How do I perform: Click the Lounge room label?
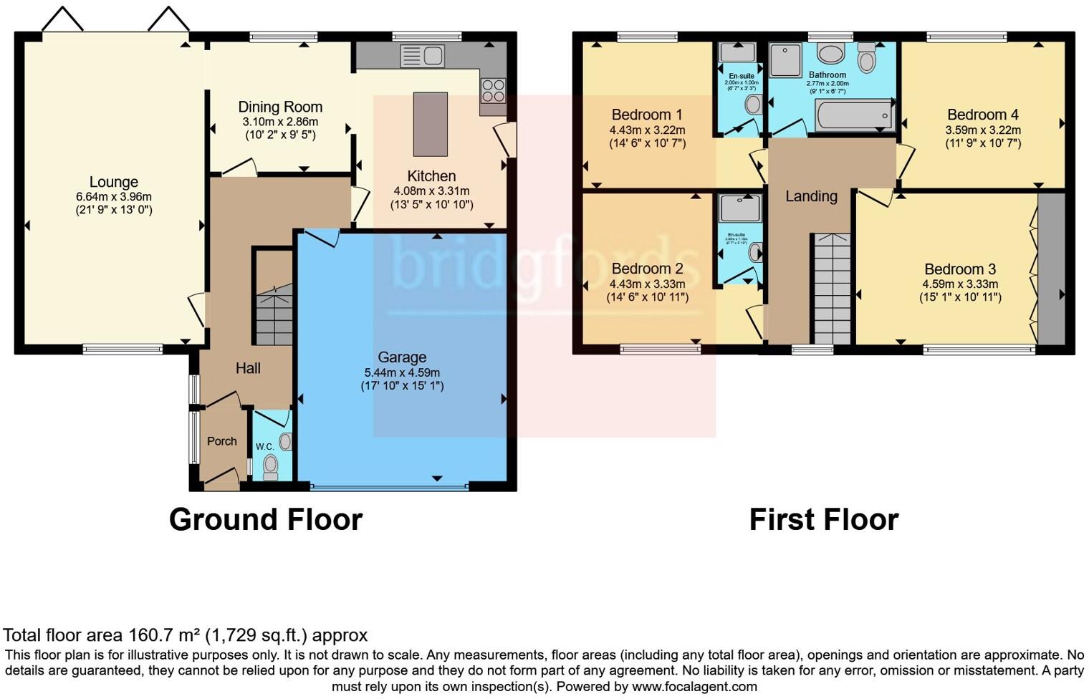click(x=113, y=182)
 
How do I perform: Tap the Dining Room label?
click(x=280, y=107)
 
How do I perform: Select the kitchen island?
click(x=430, y=124)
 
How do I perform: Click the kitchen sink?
click(x=423, y=55)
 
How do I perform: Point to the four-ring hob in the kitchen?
click(x=493, y=90)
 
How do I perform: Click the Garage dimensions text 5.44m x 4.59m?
click(x=402, y=372)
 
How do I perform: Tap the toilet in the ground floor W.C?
click(x=270, y=466)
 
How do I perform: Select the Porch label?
click(x=221, y=441)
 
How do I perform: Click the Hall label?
click(x=248, y=368)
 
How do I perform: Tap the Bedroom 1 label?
click(x=646, y=115)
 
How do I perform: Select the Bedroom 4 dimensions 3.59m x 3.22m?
click(x=982, y=130)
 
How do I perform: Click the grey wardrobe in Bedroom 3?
click(x=1051, y=269)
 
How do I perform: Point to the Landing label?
click(x=811, y=196)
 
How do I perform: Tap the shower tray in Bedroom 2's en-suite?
click(x=740, y=208)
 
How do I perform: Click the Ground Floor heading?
click(x=265, y=519)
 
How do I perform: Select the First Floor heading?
click(x=823, y=519)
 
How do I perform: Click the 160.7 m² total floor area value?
click(x=165, y=635)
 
